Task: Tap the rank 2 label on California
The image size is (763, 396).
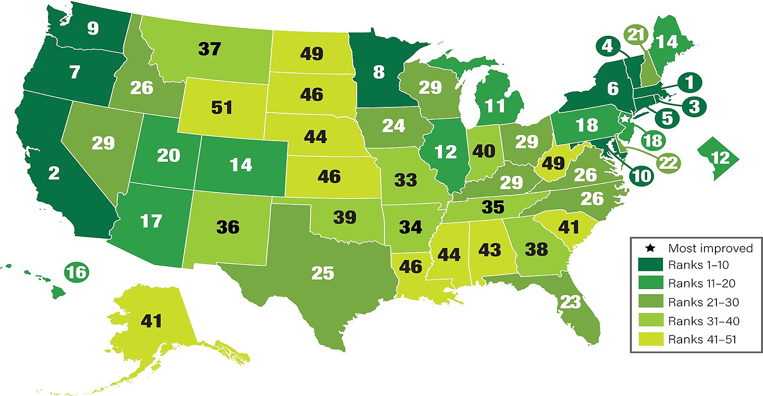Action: pos(54,173)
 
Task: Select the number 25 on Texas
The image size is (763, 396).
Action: pos(323,273)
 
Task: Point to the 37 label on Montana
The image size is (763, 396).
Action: pos(209,49)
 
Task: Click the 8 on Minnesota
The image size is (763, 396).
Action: pos(379,72)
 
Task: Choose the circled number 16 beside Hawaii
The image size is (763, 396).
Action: pos(77,272)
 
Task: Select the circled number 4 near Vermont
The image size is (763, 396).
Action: pos(607,47)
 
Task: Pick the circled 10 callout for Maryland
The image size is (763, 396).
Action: pos(641,175)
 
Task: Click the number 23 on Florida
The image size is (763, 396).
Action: pos(569,301)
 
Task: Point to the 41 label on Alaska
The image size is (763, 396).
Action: pos(151,321)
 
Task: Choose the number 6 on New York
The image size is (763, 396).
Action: pos(613,89)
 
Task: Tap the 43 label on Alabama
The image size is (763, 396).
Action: pos(490,249)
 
